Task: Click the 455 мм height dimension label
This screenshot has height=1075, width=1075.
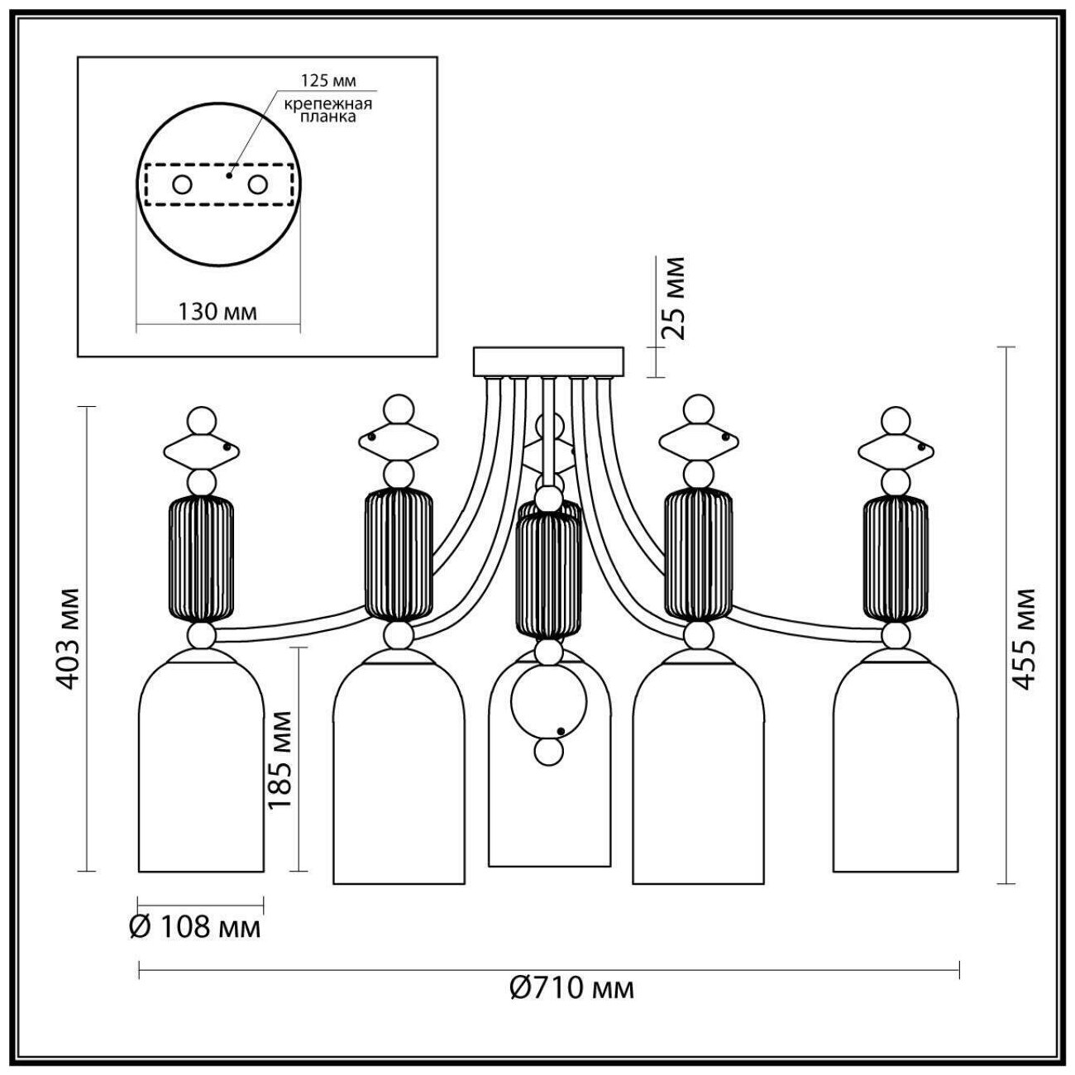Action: pyautogui.click(x=1025, y=639)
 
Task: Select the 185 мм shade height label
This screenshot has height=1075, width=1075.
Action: pyautogui.click(x=280, y=759)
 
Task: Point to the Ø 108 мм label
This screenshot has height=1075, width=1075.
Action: pyautogui.click(x=195, y=927)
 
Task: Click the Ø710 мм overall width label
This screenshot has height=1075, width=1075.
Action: pyautogui.click(x=572, y=987)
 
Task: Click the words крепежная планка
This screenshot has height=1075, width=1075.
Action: pyautogui.click(x=328, y=110)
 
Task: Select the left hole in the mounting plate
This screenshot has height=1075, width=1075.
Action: pyautogui.click(x=182, y=184)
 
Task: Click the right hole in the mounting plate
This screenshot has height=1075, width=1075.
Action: pyautogui.click(x=259, y=184)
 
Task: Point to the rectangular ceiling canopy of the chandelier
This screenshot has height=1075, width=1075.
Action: pyautogui.click(x=549, y=361)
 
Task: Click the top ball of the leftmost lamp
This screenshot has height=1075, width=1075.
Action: pyautogui.click(x=201, y=420)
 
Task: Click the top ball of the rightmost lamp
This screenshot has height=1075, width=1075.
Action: pyautogui.click(x=896, y=419)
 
